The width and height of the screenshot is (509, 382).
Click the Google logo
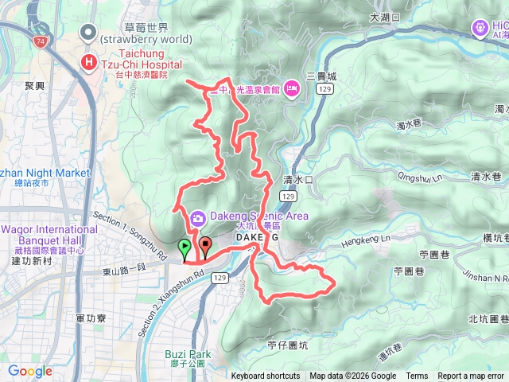click(x=30, y=371)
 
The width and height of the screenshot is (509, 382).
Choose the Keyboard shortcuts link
click(x=266, y=376)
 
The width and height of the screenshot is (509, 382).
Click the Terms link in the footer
click(x=417, y=376)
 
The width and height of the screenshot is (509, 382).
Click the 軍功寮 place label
click(x=91, y=318)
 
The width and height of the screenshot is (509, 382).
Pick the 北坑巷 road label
click(x=488, y=319)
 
